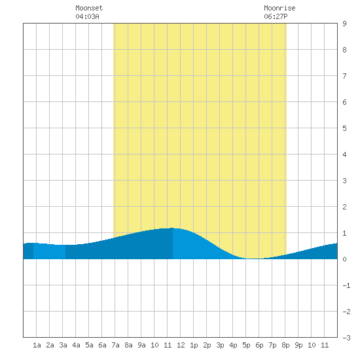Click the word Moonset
(89, 8)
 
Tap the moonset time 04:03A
(87, 16)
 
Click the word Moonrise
(279, 8)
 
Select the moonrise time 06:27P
(276, 16)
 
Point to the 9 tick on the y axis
(344, 24)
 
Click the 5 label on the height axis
(344, 128)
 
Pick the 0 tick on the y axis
(344, 259)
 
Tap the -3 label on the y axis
(346, 338)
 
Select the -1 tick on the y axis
(346, 285)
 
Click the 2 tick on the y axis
(344, 207)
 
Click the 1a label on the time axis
(37, 345)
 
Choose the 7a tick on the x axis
(115, 345)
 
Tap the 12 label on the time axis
(181, 345)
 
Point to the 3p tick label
(220, 345)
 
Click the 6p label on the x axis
(259, 345)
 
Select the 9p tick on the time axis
(298, 345)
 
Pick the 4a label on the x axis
(76, 345)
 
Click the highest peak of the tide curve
(172, 228)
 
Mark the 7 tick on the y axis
(344, 76)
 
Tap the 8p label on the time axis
(285, 345)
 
